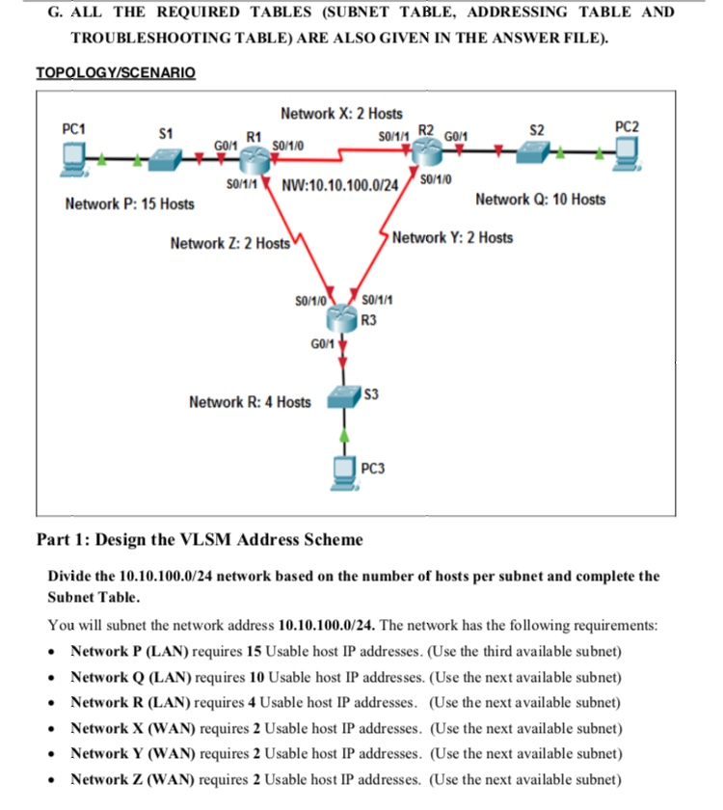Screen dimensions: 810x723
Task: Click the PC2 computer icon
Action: click(x=626, y=150)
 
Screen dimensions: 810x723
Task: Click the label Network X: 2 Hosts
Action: click(x=341, y=114)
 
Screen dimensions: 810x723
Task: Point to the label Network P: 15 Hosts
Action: click(x=129, y=203)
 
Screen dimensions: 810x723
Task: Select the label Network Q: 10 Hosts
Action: click(x=541, y=200)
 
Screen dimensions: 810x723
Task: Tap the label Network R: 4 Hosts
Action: click(x=250, y=401)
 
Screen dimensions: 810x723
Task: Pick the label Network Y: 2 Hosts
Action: click(x=452, y=237)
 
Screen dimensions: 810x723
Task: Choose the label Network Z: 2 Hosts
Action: click(x=229, y=243)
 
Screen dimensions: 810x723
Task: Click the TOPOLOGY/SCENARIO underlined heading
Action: click(x=115, y=73)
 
